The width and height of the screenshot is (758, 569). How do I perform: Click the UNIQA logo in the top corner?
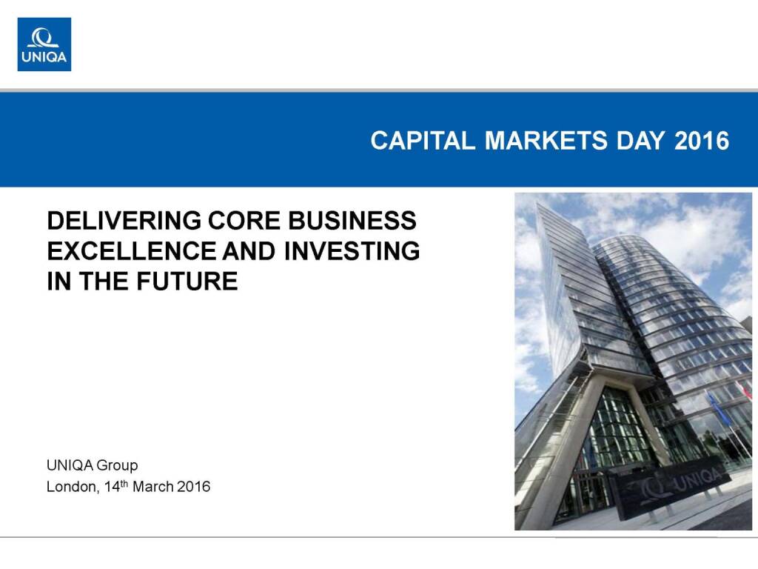44,44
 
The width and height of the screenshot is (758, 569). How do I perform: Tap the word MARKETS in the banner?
546,141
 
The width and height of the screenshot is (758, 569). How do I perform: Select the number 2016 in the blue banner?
702,141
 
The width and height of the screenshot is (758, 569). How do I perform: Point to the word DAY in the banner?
640,141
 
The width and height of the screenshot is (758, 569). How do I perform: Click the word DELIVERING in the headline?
124,221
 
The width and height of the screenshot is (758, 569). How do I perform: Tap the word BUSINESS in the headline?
352,221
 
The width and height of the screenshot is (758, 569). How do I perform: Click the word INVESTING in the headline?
352,251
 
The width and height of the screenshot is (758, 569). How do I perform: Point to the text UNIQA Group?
93,465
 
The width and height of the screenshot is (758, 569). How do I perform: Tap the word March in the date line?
152,486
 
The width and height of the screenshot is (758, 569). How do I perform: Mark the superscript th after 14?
124,483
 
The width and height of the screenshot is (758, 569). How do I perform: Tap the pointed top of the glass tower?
538,204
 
